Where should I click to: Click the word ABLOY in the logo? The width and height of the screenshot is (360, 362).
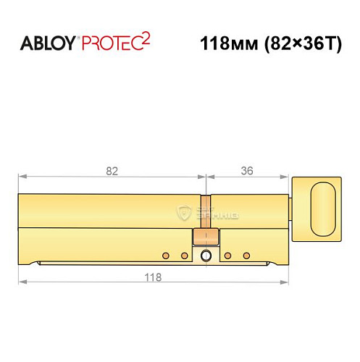[x=48, y=43]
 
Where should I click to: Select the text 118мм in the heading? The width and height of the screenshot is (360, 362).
[x=222, y=43]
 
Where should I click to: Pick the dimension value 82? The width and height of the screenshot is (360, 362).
[x=112, y=172]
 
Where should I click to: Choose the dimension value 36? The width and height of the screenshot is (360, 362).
[x=248, y=172]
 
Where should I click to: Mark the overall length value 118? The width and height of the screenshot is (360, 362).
[x=152, y=277]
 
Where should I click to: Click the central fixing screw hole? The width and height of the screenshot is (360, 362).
[x=206, y=256]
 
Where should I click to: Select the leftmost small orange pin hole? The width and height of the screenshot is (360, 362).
[x=166, y=256]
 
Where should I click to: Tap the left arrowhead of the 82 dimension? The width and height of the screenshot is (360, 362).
[x=22, y=176]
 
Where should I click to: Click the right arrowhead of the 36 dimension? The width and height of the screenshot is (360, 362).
[x=285, y=176]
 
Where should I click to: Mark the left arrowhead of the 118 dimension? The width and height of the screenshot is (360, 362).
[x=22, y=281]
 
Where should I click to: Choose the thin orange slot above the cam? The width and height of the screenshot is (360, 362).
[x=206, y=210]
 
